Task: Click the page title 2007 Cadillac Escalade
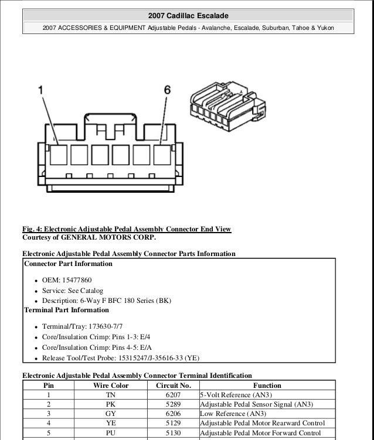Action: (188, 15)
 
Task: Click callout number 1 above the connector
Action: (41, 90)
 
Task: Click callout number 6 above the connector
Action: (167, 90)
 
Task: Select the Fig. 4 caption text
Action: (127, 228)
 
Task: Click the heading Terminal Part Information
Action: (66, 310)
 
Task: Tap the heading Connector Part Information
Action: (68, 264)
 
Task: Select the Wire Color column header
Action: (111, 386)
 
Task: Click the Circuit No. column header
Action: (174, 386)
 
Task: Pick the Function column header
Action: (267, 386)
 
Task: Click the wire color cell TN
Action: (111, 395)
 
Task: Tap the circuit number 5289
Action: (174, 404)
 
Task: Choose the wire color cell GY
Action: (111, 413)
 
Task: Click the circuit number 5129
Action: (174, 422)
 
